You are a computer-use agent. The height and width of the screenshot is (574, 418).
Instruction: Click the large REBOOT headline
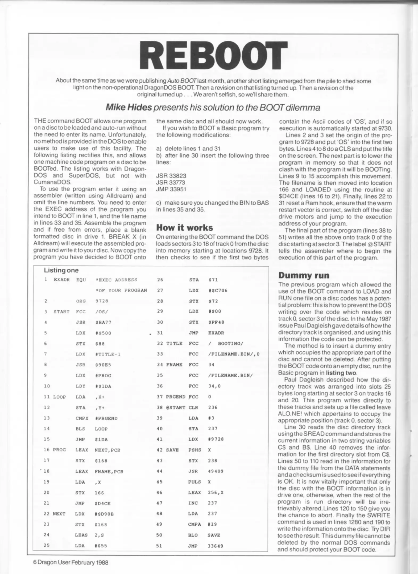[214, 57]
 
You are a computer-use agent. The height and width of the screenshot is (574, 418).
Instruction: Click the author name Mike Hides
[129, 107]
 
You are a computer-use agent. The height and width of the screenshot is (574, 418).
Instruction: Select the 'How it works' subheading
[184, 227]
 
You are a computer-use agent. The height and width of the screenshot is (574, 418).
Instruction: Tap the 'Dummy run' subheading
[304, 275]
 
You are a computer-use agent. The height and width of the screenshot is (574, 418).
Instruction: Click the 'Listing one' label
[61, 270]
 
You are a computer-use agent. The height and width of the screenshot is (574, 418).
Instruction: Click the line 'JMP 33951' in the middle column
[171, 189]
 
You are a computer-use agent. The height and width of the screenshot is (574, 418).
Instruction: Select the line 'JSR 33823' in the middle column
[171, 176]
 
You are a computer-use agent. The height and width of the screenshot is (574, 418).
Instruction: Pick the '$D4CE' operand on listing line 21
[102, 503]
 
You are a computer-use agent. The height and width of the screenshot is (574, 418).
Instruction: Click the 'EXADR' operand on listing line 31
[216, 333]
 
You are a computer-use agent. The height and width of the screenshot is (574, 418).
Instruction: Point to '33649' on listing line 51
[215, 546]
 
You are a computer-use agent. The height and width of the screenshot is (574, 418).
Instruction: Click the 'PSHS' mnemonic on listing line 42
[194, 450]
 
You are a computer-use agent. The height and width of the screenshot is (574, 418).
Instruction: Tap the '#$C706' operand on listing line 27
[218, 290]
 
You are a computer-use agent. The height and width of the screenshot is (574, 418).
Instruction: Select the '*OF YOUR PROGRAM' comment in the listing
[121, 290]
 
